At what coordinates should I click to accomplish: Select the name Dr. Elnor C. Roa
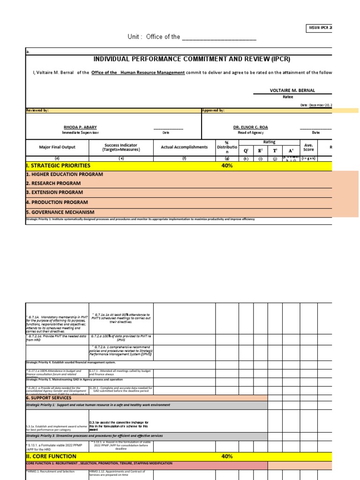coord(251,127)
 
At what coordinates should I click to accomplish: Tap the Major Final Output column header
coord(57,147)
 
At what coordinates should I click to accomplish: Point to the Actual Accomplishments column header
coord(184,147)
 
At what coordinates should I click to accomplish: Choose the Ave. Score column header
coord(308,147)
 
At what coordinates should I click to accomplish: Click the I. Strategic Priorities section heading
coord(58,165)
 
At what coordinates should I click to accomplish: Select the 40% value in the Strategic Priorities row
coord(227,165)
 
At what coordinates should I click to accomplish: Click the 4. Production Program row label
coord(57,202)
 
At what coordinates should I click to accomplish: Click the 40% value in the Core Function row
coord(227,456)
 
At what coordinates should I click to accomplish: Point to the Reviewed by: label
coord(37,111)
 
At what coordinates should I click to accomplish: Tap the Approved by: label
coord(213,111)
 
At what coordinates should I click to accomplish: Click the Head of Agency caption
coord(250,133)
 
